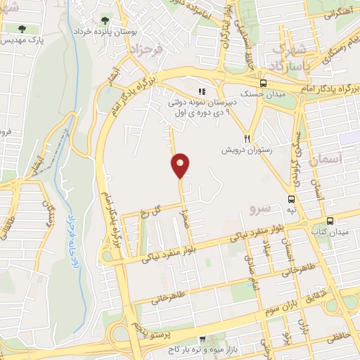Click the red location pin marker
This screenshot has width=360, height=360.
pos(181,165)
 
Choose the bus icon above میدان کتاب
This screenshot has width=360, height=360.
pos(330,221)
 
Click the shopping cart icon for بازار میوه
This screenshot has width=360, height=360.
pos(202,340)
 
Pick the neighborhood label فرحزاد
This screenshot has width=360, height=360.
pos(144,50)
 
